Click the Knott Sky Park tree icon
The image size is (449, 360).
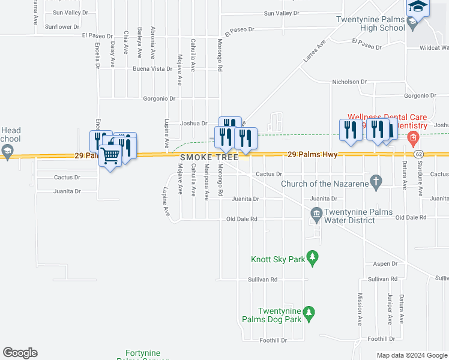312,258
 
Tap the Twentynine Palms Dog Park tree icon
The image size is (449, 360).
309,313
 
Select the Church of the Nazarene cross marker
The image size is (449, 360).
376,181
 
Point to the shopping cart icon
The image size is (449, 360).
110,156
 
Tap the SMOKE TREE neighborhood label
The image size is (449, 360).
209,157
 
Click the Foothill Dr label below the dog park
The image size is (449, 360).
273,340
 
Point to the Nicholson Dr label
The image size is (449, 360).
349,82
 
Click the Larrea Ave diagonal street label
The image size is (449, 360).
314,52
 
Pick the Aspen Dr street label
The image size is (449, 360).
385,263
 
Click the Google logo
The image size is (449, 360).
20,353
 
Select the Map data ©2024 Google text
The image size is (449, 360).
411,355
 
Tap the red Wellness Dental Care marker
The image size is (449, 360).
413,139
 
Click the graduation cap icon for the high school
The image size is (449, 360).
417,7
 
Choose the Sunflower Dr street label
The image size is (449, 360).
62,27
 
